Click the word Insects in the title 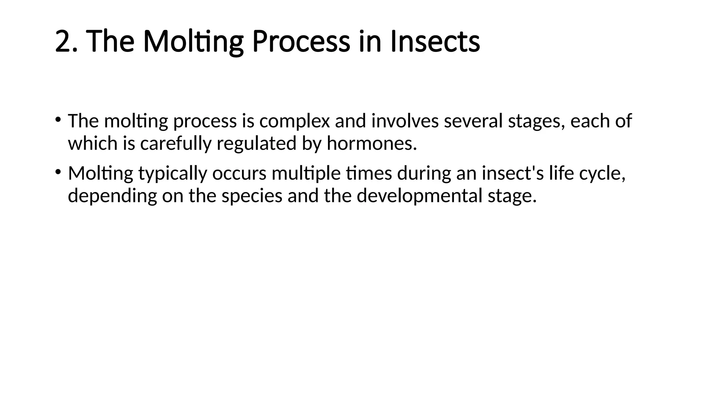(x=435, y=41)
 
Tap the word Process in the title (x=301, y=41)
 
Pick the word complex (x=295, y=121)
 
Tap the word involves (x=405, y=121)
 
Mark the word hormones (x=371, y=143)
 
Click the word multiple (x=306, y=173)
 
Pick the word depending (x=112, y=196)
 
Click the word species (x=252, y=196)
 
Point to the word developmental (x=420, y=196)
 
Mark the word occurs (x=239, y=173)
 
